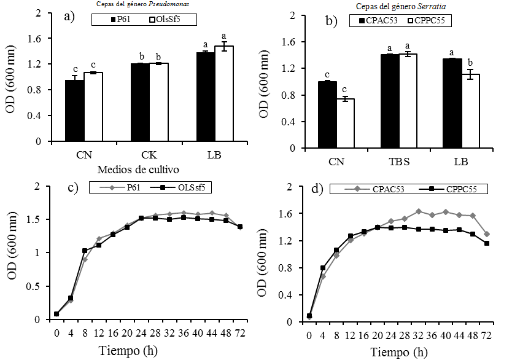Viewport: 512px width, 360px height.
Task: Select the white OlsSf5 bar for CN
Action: (x=93, y=107)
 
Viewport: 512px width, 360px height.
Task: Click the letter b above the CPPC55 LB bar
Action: (x=470, y=62)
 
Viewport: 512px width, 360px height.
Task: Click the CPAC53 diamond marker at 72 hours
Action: (x=487, y=234)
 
